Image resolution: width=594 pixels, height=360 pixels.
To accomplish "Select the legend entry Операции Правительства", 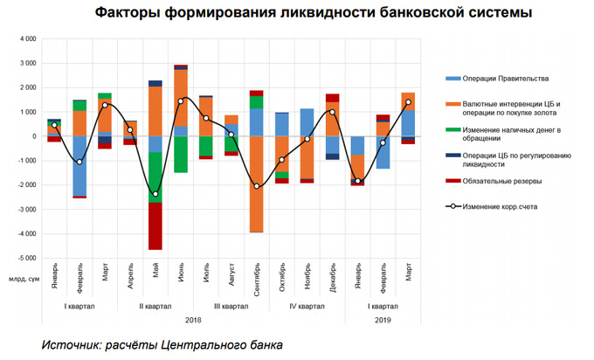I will click(x=494, y=78).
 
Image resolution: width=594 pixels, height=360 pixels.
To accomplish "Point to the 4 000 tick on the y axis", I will click(x=26, y=39).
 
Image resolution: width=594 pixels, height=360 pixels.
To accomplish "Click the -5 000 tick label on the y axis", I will click(x=24, y=259).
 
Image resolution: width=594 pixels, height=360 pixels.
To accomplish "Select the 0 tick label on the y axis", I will click(x=33, y=137).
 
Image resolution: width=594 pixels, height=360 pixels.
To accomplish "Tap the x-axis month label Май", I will click(x=155, y=270).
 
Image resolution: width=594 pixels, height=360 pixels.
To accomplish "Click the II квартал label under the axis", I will click(x=155, y=306).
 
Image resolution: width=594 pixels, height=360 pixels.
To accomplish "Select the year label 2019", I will click(x=383, y=321).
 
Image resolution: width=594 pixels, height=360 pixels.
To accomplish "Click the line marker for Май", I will click(x=155, y=194).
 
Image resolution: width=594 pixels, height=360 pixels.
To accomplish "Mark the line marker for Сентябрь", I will click(x=256, y=186).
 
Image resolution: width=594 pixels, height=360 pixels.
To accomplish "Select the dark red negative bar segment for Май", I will click(x=155, y=226).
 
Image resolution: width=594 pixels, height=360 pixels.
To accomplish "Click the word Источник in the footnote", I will click(x=72, y=345).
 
